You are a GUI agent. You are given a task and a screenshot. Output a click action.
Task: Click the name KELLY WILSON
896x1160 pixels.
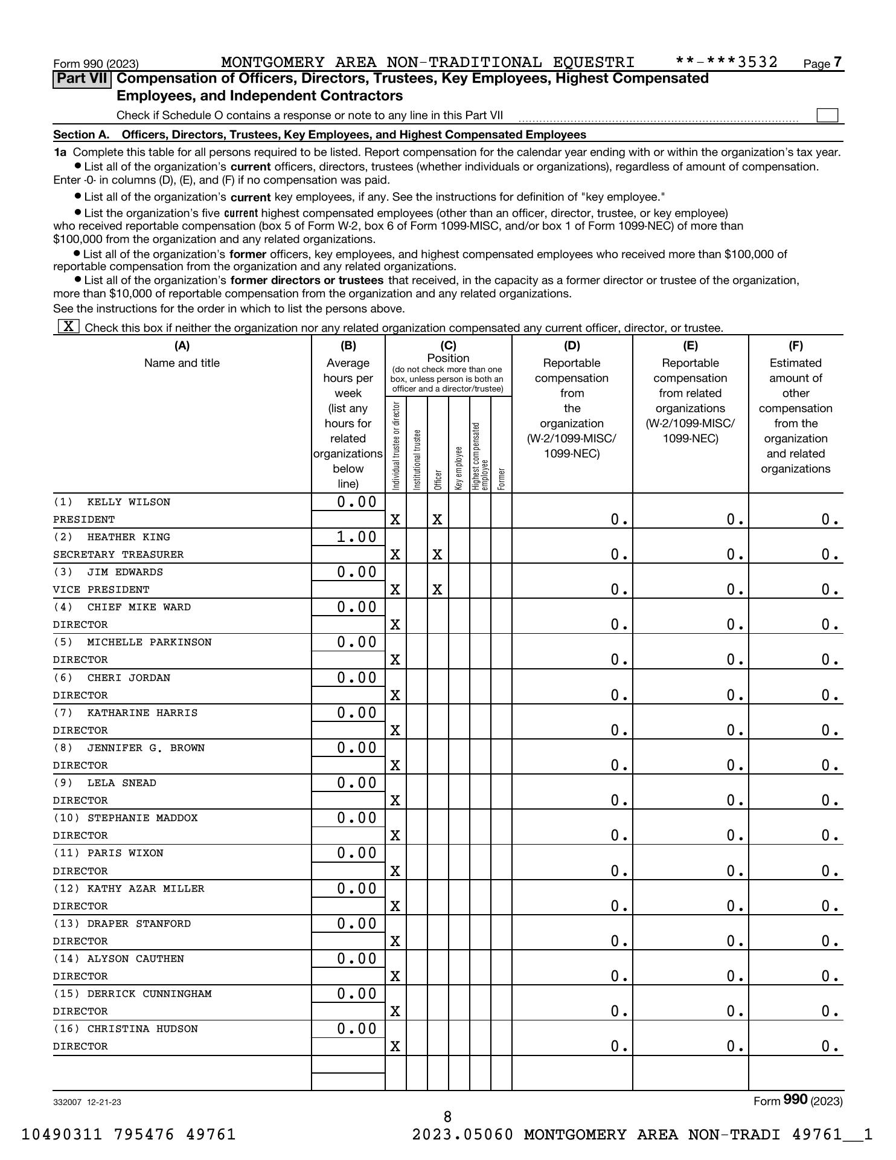pos(128,502)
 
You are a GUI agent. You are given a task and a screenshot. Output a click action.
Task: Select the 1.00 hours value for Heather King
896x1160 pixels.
pos(356,537)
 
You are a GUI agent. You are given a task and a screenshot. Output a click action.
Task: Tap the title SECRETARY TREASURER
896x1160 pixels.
pos(118,555)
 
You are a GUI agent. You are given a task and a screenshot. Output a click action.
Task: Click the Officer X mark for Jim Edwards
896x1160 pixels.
pos(437,590)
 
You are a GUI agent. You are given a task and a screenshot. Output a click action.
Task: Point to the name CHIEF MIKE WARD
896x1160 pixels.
pos(139,607)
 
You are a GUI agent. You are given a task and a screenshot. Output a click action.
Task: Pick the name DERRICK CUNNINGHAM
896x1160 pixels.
pos(149,994)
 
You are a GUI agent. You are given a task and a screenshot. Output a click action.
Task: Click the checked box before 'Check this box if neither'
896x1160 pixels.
pos(68,327)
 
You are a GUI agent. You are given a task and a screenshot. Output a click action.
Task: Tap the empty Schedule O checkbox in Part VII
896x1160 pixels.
pos(827,115)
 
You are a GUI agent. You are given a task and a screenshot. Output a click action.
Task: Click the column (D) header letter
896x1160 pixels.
pos(572,346)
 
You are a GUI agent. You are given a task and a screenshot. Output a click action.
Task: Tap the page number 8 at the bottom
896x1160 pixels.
pos(447,1116)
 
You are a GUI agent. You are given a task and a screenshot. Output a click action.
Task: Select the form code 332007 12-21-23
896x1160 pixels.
pos(87,1101)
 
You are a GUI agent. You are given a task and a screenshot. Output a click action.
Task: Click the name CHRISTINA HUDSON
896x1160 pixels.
pos(142,1029)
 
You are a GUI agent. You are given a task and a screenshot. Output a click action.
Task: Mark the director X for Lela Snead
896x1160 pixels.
pos(395,801)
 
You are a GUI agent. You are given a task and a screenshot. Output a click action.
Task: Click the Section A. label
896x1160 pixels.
pos(82,135)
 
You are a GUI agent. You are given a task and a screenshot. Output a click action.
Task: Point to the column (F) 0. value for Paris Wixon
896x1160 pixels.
pos(830,871)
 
